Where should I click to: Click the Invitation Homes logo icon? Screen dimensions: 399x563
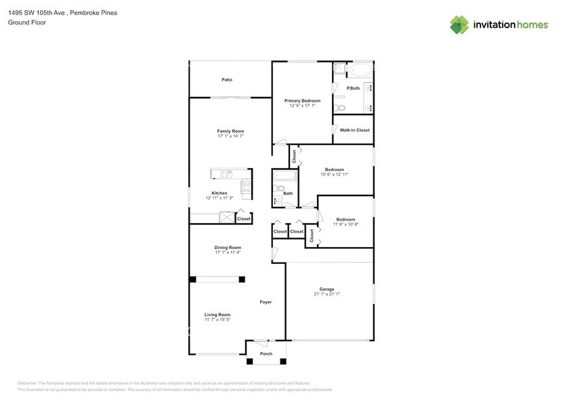pos(459,24)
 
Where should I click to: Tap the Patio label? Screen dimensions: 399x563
pos(227,80)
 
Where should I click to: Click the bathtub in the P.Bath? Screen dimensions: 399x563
pos(359,69)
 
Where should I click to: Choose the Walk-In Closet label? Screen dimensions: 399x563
pos(354,130)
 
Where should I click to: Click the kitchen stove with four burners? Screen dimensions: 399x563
pos(247,187)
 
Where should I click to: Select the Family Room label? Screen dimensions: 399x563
pos(230,131)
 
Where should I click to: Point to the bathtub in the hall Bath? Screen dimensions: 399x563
pos(285,176)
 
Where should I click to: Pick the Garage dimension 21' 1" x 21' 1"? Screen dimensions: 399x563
pos(327,294)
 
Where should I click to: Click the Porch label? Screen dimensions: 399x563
pos(266,354)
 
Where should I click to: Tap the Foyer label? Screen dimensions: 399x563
pos(266,302)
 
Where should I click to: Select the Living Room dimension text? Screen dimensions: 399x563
pos(218,320)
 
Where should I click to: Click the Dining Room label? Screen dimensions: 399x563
pos(228,248)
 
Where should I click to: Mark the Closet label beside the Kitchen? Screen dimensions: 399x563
pos(243,218)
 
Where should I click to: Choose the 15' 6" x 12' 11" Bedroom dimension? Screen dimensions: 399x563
pos(335,174)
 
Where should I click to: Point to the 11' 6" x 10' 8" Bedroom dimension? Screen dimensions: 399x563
pos(346,225)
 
